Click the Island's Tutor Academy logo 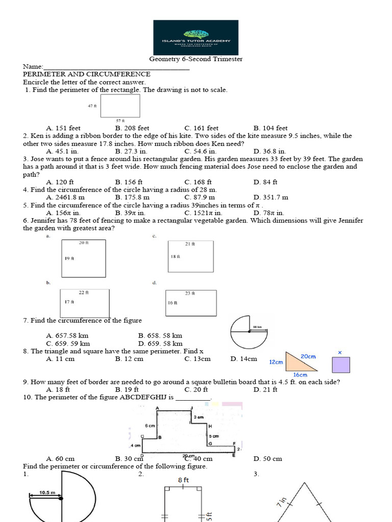pos(196,37)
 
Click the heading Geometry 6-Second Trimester pos(195,59)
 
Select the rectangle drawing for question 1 pos(120,105)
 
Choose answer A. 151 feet pos(63,128)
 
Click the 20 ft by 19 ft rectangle pos(83,258)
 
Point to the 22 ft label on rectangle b pos(84,293)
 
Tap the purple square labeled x pos(341,366)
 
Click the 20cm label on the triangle pos(308,356)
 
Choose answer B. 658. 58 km pos(160,336)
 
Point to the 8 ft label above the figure pos(184,480)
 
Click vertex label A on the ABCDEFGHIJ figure pos(157,408)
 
